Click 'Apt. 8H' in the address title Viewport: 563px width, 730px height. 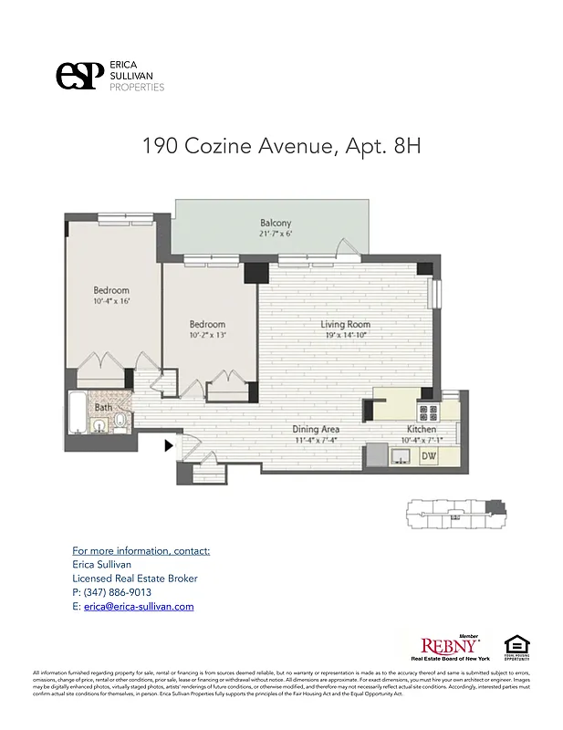point(383,146)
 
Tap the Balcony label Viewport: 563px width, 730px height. point(276,223)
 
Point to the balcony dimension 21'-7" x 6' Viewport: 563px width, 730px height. point(276,234)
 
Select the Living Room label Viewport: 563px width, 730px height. point(345,324)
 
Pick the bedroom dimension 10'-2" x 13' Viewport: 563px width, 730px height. point(207,335)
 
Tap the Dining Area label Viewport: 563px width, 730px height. point(316,429)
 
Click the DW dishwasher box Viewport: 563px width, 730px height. point(428,454)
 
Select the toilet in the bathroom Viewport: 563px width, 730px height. point(120,422)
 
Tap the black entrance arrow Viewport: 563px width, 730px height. point(168,445)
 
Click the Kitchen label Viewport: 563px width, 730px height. point(421,429)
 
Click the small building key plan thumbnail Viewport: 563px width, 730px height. point(454,515)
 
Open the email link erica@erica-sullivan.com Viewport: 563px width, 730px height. point(138,606)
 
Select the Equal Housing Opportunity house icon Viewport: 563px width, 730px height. point(517,646)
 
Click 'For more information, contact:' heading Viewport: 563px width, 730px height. point(141,551)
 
